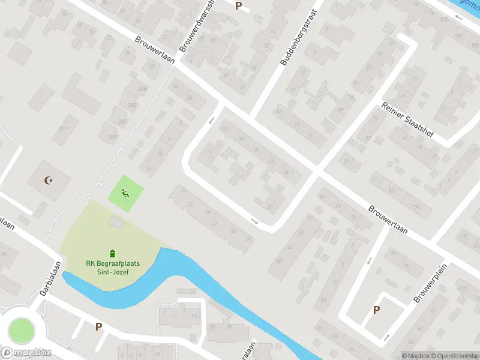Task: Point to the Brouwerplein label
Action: (427, 283)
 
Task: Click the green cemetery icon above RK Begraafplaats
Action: (112, 254)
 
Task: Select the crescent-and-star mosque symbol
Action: (49, 180)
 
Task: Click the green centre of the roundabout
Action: (20, 331)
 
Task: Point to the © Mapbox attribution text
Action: (414, 356)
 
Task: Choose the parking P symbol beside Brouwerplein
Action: (377, 310)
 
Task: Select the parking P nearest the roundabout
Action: (98, 326)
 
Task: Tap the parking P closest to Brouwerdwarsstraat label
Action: (238, 6)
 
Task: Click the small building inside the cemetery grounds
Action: (115, 223)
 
